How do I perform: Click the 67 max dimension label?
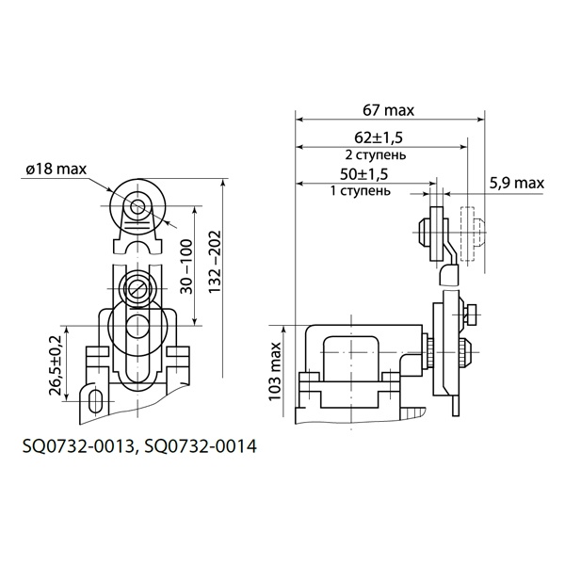pos(388,110)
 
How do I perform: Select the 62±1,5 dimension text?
pos(379,137)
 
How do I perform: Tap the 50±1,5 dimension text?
pos(363,174)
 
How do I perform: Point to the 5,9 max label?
pos(517,184)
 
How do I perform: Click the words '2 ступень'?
pos(376,155)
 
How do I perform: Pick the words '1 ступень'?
pos(361,190)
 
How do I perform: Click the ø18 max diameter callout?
pos(56,169)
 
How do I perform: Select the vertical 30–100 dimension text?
pos(186,266)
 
